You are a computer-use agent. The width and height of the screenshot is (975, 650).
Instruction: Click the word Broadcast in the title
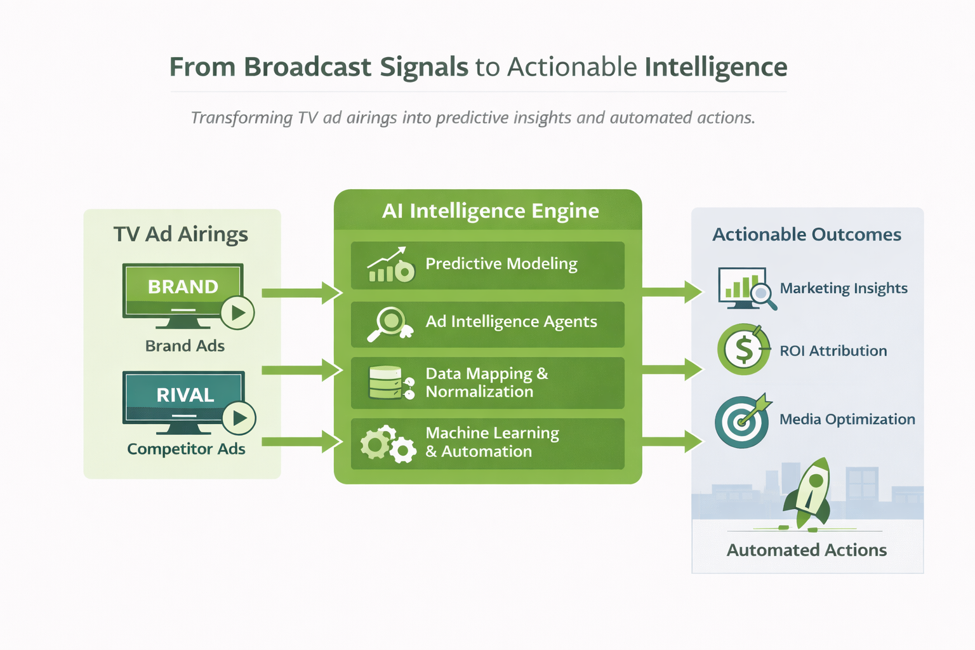307,67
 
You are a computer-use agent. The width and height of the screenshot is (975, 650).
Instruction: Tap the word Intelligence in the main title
716,68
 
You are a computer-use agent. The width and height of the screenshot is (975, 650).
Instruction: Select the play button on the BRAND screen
237,312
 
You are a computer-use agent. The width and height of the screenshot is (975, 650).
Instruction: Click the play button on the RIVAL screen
239,418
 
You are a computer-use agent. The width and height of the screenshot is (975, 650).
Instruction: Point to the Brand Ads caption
185,346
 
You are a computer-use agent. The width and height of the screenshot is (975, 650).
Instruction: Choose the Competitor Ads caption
186,448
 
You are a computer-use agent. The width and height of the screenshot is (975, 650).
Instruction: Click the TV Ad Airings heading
181,234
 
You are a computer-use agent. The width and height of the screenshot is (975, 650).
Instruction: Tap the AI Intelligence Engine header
491,211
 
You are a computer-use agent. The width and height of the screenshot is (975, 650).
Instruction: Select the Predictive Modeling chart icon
391,265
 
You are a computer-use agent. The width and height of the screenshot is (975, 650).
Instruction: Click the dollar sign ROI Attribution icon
744,349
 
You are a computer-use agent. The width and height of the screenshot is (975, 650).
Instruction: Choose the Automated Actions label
807,550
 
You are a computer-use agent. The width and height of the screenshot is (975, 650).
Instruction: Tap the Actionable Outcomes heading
807,235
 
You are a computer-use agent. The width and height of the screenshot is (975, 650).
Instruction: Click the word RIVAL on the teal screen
185,395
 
